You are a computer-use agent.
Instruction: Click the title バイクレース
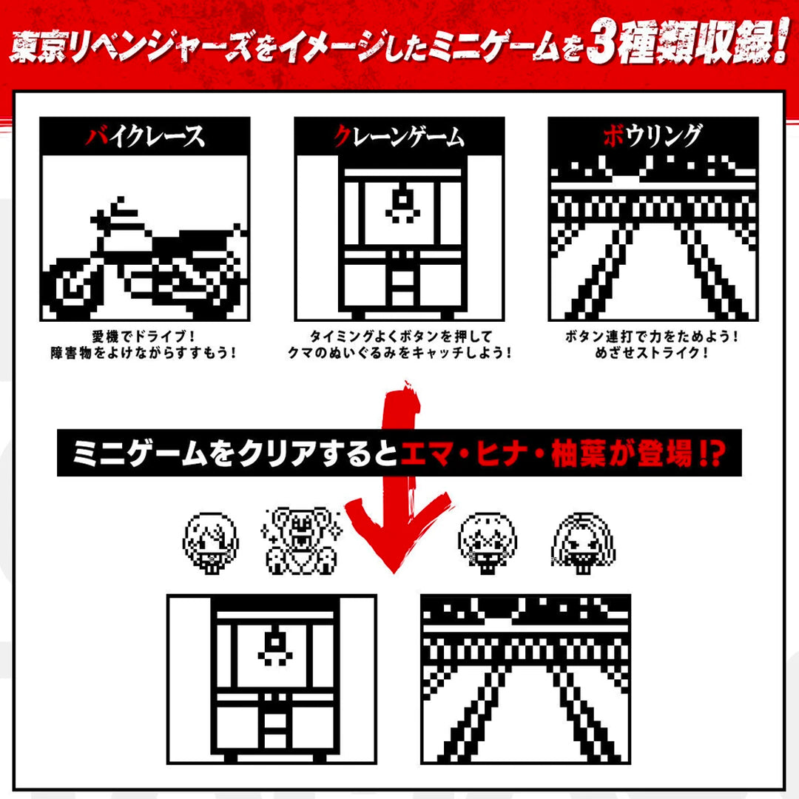coord(145,136)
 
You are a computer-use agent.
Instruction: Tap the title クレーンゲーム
coord(399,136)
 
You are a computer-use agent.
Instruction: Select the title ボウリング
coord(652,136)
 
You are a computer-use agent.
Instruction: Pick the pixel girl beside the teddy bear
coord(212,541)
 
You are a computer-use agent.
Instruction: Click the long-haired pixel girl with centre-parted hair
coord(579,541)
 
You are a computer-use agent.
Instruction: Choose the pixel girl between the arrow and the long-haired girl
coord(487,541)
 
